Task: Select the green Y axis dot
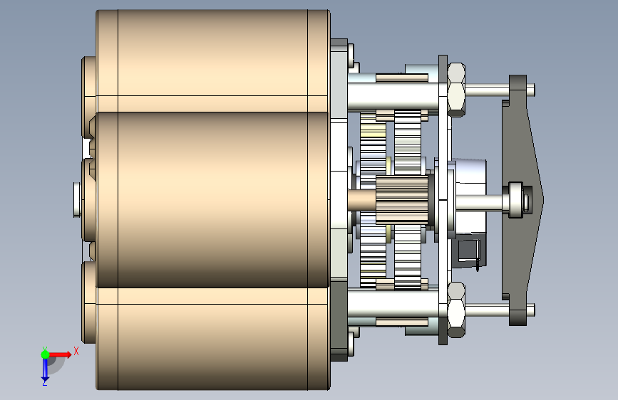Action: click(45, 354)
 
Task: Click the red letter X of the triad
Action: click(76, 351)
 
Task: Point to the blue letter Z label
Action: click(45, 382)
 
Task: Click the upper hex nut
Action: click(456, 90)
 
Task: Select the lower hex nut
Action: click(456, 310)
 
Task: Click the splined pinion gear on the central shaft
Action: click(402, 199)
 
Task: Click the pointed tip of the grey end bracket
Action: click(543, 199)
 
